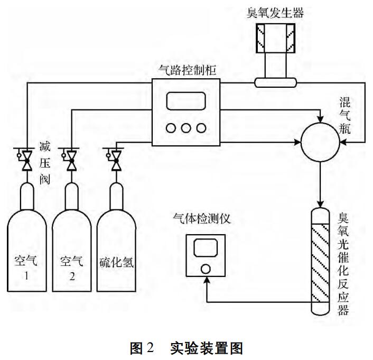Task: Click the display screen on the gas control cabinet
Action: (x=185, y=101)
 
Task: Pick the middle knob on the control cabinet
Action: (x=185, y=128)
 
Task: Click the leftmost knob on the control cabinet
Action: (x=170, y=128)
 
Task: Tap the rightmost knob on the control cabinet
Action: (x=201, y=128)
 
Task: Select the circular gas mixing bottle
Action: (x=320, y=142)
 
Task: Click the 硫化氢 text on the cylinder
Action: (x=116, y=263)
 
